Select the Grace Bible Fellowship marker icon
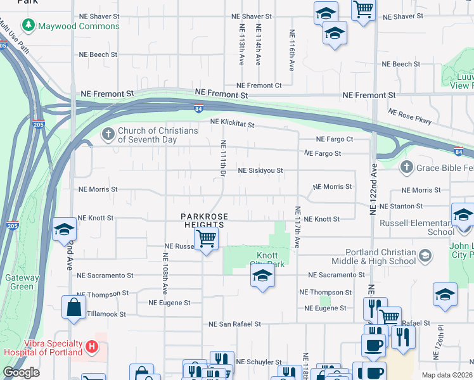tap(406, 167)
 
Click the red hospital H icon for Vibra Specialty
tap(92, 347)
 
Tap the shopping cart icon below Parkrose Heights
tap(206, 239)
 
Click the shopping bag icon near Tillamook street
tap(74, 308)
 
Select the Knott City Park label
tap(259, 260)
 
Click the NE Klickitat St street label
tap(232, 125)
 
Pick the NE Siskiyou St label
tap(260, 170)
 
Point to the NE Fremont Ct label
tap(259, 85)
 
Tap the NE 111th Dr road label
tap(223, 158)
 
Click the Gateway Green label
tap(22, 282)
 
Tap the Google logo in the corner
tap(21, 372)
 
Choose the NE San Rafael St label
tap(234, 324)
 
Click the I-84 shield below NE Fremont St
tap(198, 108)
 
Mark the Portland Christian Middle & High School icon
tap(425, 256)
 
